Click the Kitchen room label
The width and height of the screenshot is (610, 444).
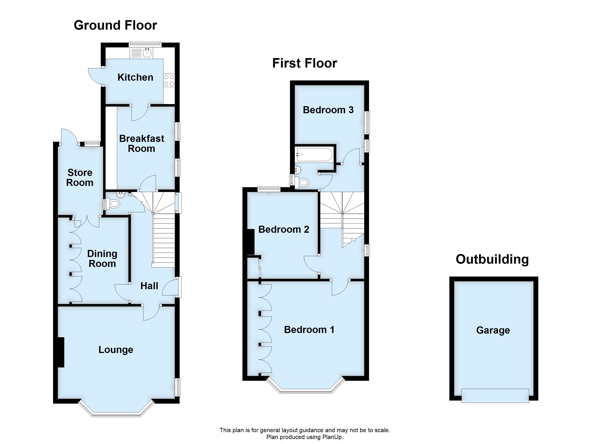pos(135,78)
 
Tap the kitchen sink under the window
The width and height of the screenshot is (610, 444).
pos(147,53)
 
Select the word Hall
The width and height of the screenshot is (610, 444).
pos(149,286)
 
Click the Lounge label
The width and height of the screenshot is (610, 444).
pos(116,350)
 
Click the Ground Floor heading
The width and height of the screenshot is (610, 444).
pos(115,25)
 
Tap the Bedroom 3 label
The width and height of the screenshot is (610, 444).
pos(328,110)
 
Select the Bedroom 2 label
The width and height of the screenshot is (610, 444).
pos(284,229)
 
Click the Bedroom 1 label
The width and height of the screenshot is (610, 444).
pos(309,330)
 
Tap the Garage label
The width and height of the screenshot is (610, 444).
pos(493,330)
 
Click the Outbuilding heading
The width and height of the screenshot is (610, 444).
pos(492,259)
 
